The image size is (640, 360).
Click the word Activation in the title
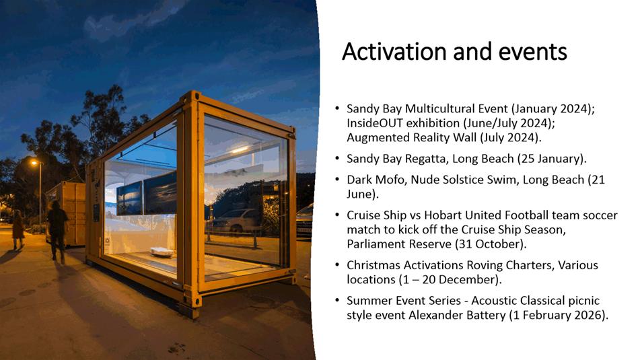tap(394, 52)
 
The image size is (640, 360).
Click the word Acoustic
tap(493, 301)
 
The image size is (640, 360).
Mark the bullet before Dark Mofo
tap(337, 180)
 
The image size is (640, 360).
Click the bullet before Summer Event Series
tap(337, 301)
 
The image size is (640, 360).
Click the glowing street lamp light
tap(34, 163)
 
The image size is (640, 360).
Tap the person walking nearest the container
tap(57, 231)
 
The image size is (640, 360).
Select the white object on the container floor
tap(162, 252)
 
